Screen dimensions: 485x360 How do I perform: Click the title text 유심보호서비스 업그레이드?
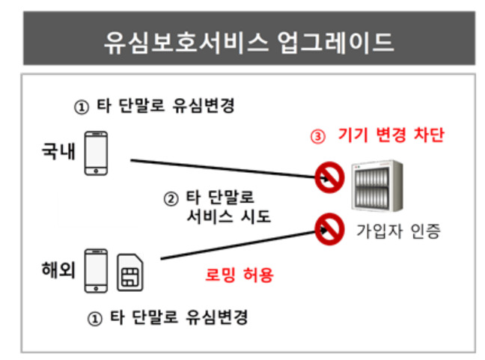(x=249, y=43)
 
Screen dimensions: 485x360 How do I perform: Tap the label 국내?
(x=58, y=151)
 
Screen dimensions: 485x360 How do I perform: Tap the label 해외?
(x=58, y=269)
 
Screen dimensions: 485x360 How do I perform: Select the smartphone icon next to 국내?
(x=97, y=153)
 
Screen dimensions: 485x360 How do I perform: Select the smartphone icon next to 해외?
(x=97, y=271)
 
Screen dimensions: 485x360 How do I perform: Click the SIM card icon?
(x=130, y=272)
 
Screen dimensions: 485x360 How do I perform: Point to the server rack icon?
(x=377, y=186)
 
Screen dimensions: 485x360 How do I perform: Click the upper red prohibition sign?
(x=329, y=177)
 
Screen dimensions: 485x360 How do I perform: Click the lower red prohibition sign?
(x=329, y=229)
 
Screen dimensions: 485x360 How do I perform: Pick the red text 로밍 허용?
(x=240, y=275)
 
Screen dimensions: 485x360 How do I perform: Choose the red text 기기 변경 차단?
(x=391, y=135)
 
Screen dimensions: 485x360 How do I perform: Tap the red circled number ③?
(x=318, y=137)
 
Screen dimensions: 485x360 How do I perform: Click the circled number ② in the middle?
(x=171, y=199)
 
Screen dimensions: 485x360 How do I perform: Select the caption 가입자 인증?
(x=398, y=231)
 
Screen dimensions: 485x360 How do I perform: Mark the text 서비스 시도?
(x=229, y=216)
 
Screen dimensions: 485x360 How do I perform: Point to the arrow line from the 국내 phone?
(x=230, y=169)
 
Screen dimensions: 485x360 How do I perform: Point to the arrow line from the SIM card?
(x=244, y=244)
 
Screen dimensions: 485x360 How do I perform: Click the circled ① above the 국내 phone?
(x=82, y=108)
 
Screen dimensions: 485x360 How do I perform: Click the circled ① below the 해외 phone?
(x=95, y=319)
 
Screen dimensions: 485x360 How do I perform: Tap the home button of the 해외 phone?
(x=97, y=289)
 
